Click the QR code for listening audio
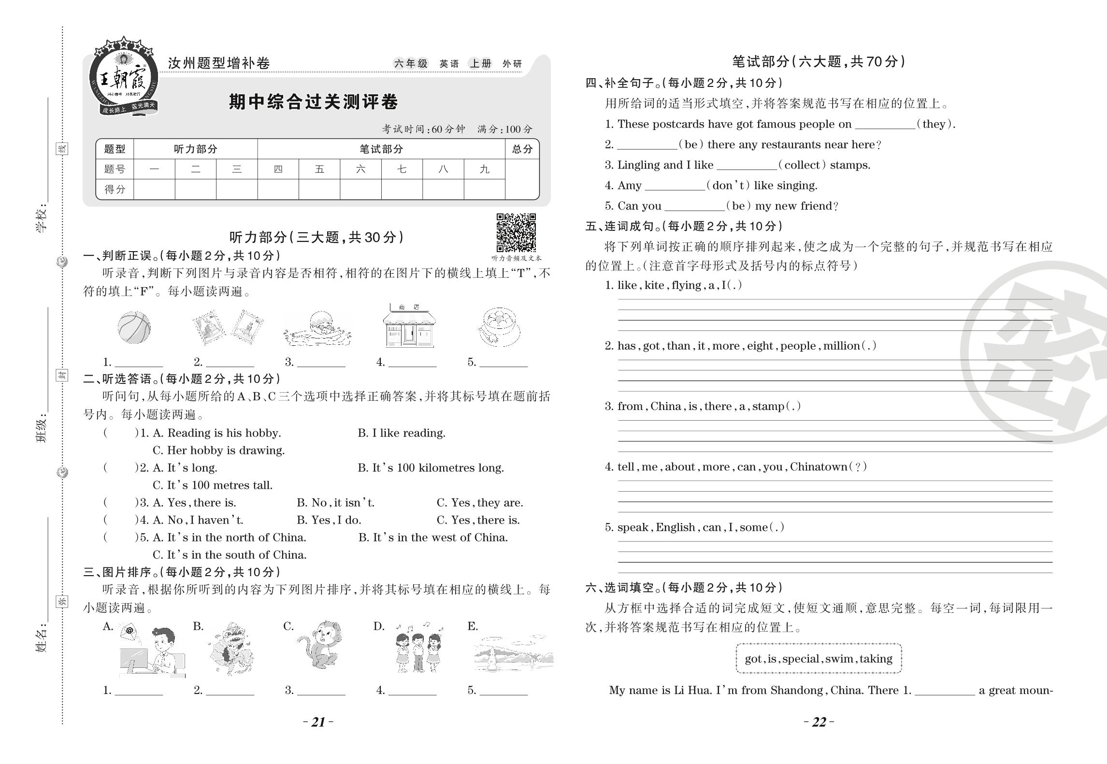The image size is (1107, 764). coord(516,232)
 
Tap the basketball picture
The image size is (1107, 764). coord(134,327)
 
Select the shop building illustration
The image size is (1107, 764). coord(409,326)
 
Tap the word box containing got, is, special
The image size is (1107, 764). coord(819,659)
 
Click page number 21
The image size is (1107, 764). coord(318,722)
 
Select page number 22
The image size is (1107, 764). coord(819,722)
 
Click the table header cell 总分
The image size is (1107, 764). coord(522,149)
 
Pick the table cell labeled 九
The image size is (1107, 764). coord(484,170)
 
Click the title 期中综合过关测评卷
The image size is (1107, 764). coord(313,102)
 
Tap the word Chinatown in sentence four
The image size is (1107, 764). coord(819,467)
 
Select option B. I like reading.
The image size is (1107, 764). coord(401,433)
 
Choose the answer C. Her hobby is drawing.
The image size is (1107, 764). coord(218,451)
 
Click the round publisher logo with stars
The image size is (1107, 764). coord(124,76)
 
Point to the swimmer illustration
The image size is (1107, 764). coord(318,328)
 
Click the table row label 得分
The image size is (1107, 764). coord(115,189)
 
